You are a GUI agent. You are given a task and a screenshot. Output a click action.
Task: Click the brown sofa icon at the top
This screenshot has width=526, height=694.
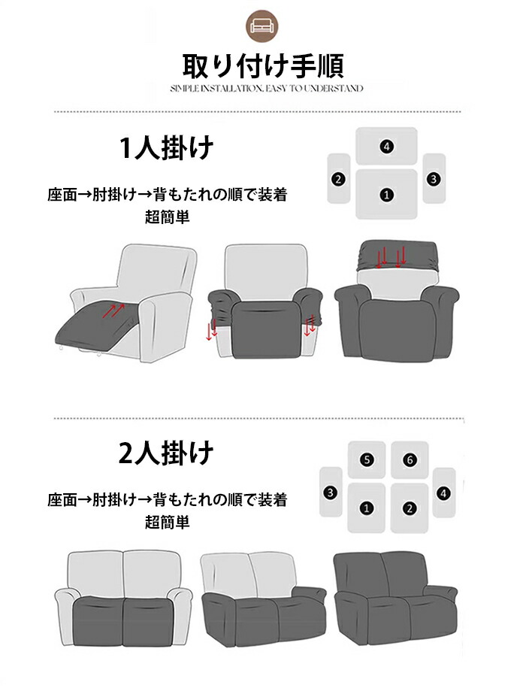pyautogui.click(x=262, y=26)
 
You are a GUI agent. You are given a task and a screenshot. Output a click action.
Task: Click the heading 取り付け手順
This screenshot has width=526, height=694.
pyautogui.click(x=263, y=66)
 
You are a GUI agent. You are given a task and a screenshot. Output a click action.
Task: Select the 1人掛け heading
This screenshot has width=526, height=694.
pyautogui.click(x=166, y=147)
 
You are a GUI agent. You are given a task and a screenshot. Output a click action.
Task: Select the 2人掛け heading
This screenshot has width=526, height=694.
pyautogui.click(x=166, y=453)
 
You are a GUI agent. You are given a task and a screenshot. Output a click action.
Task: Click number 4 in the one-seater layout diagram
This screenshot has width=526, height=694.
pyautogui.click(x=387, y=147)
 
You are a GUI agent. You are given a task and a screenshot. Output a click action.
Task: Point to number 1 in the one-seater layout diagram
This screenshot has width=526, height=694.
pyautogui.click(x=387, y=195)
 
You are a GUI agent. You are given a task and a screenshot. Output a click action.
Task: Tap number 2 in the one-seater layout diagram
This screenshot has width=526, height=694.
pyautogui.click(x=338, y=179)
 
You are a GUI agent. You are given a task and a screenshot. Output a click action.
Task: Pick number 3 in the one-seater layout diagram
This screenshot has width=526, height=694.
pyautogui.click(x=434, y=179)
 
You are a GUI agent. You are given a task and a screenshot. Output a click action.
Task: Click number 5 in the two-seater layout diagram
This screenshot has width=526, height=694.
pyautogui.click(x=367, y=460)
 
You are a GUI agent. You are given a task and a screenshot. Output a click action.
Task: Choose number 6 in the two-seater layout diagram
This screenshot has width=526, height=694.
pyautogui.click(x=410, y=460)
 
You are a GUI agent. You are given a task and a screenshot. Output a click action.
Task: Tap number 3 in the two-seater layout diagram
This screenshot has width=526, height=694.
pyautogui.click(x=331, y=492)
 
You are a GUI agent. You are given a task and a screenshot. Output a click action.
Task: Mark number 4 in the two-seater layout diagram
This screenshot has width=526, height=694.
pyautogui.click(x=444, y=492)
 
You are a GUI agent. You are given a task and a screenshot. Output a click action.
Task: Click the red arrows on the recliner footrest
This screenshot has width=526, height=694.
pyautogui.click(x=113, y=310)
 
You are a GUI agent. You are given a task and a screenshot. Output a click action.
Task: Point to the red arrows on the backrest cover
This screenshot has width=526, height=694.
pyautogui.click(x=390, y=258)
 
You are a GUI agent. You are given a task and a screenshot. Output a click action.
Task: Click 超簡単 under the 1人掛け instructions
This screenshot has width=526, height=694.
pyautogui.click(x=167, y=217)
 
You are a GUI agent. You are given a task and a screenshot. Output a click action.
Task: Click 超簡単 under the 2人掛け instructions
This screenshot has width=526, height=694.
pyautogui.click(x=167, y=522)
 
